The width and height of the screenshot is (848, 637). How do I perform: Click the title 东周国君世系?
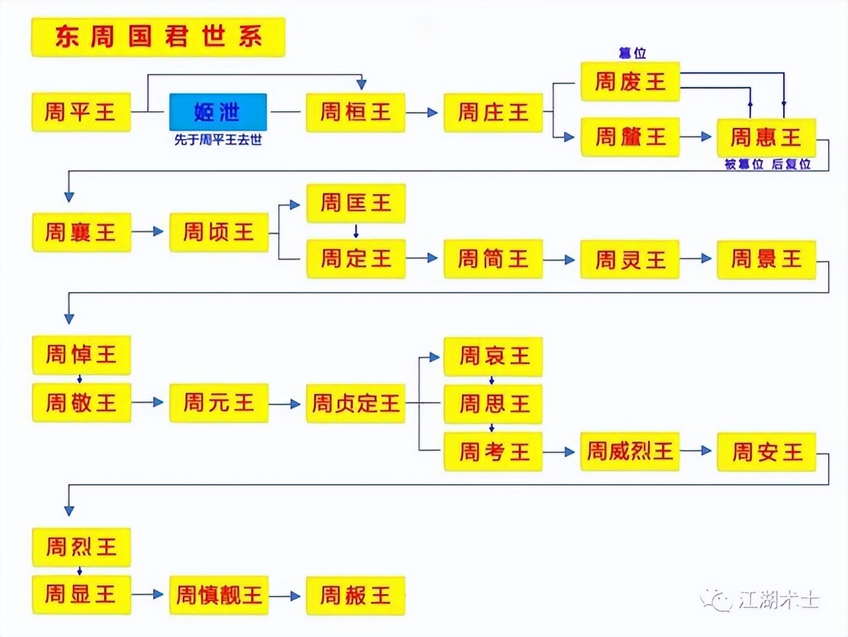158,37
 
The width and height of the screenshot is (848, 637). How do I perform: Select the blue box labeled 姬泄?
218,112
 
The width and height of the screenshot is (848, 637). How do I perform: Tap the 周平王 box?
81,112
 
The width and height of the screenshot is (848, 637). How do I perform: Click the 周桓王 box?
355,112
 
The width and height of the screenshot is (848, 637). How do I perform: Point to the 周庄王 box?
493,112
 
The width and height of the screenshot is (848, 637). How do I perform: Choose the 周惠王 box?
766,137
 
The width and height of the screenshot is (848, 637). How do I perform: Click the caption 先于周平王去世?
218,140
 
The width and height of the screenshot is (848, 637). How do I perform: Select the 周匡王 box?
355,203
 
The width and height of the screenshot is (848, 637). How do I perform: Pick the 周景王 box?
766,259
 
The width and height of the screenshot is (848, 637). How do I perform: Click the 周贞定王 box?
355,403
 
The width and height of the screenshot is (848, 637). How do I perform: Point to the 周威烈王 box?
629,452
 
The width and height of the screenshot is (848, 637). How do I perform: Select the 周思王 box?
493,403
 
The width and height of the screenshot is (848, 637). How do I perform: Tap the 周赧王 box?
355,595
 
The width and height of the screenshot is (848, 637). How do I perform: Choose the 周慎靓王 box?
219,595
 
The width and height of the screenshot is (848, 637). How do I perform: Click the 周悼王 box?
81,354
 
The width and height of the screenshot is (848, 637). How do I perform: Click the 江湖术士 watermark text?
778,600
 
